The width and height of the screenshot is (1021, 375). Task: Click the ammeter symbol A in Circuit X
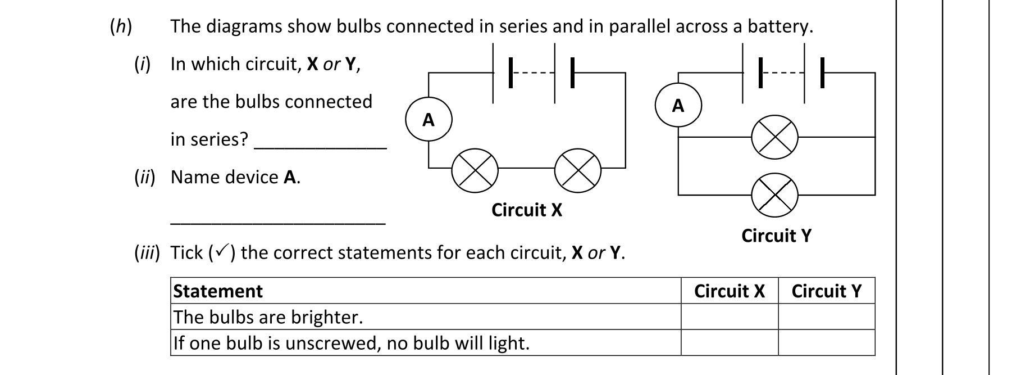pos(429,120)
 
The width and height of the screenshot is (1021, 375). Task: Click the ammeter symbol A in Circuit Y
pos(678,106)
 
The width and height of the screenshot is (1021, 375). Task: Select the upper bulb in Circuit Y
pos(774,138)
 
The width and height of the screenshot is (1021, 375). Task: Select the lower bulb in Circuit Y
pos(774,195)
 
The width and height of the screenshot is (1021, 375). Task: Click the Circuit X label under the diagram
pos(526,210)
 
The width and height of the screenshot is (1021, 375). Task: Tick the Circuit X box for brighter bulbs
pos(729,317)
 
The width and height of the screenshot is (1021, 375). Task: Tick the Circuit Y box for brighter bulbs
pos(826,317)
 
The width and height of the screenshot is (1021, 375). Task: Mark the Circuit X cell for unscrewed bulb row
pos(729,343)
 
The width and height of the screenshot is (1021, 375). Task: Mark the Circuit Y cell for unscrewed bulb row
pos(826,343)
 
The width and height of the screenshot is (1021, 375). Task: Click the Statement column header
pos(218,291)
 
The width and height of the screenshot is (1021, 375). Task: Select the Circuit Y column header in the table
pos(826,291)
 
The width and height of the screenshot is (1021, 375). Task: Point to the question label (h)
pos(121,26)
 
